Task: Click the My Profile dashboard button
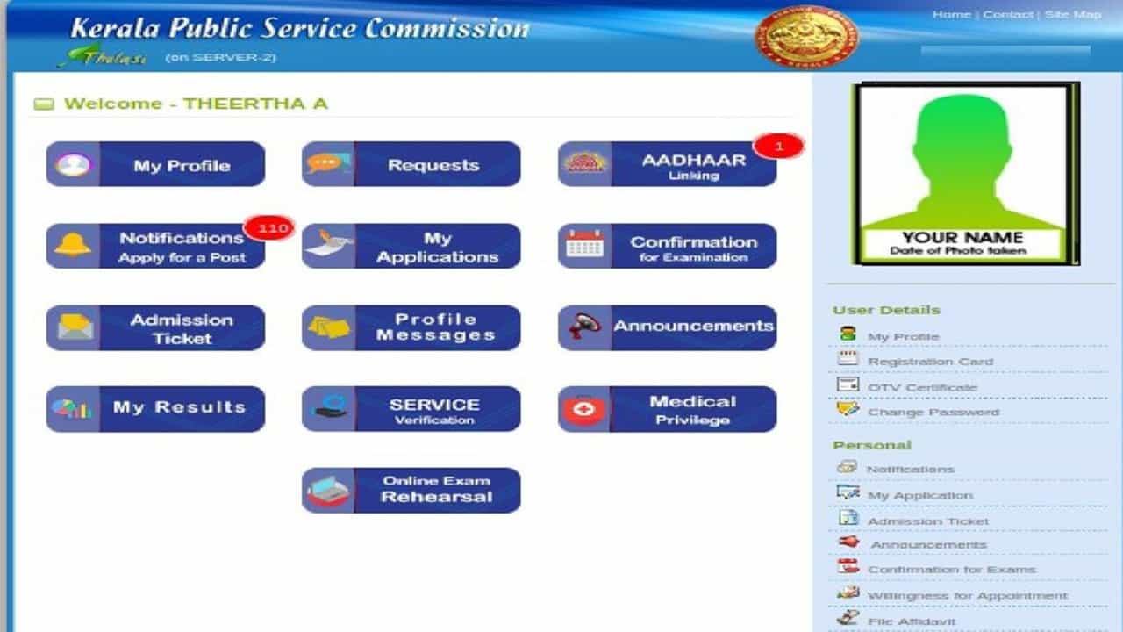pyautogui.click(x=155, y=164)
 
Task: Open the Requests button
pyautogui.click(x=411, y=164)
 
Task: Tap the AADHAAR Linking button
pyautogui.click(x=668, y=164)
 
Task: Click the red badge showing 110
pyautogui.click(x=269, y=228)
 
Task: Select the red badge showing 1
pyautogui.click(x=778, y=147)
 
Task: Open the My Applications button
pyautogui.click(x=411, y=246)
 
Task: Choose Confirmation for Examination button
pyautogui.click(x=668, y=246)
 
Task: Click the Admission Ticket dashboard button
pyautogui.click(x=155, y=327)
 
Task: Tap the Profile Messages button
pyautogui.click(x=411, y=327)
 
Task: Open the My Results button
pyautogui.click(x=155, y=409)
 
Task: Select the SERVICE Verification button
pyautogui.click(x=411, y=409)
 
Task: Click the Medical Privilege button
pyautogui.click(x=668, y=409)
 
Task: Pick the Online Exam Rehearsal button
pyautogui.click(x=411, y=490)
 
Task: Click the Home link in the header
pyautogui.click(x=952, y=15)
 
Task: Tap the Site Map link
pyautogui.click(x=1073, y=15)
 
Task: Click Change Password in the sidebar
pyautogui.click(x=933, y=413)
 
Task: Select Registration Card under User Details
pyautogui.click(x=931, y=362)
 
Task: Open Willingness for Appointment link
pyautogui.click(x=968, y=596)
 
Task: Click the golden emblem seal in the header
pyautogui.click(x=806, y=36)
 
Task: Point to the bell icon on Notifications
pyautogui.click(x=73, y=245)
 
